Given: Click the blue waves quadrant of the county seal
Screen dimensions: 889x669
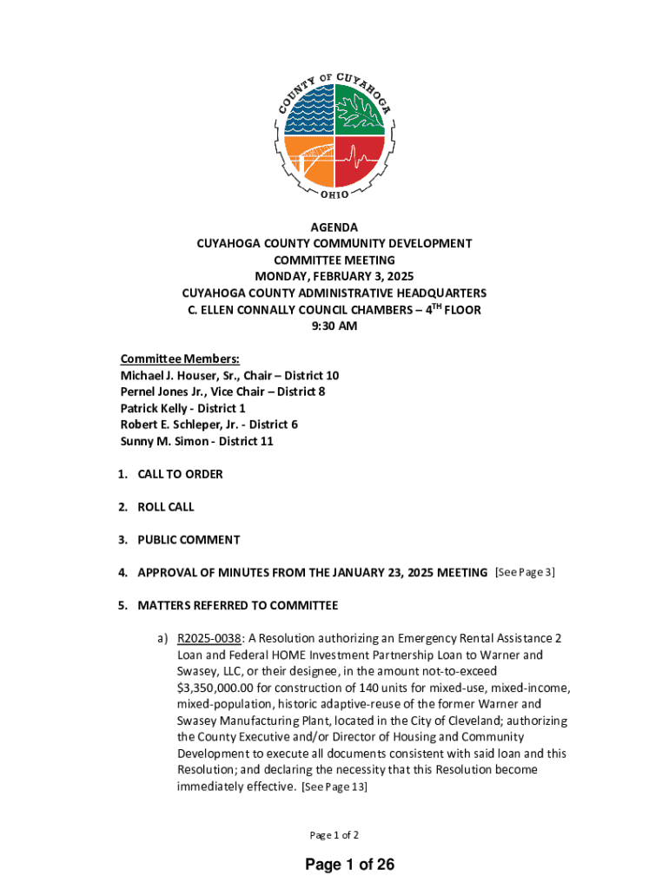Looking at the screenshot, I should (x=309, y=111).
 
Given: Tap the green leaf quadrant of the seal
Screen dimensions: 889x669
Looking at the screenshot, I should (x=359, y=111).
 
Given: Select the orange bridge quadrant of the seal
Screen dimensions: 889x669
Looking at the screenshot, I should (x=309, y=161).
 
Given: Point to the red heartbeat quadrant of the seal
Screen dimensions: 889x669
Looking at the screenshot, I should (x=359, y=161).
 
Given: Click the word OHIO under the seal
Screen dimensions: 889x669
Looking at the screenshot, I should (x=334, y=194).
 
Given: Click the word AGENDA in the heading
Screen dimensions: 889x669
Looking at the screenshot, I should (x=334, y=227).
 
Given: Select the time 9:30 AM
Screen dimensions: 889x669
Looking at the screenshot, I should (x=334, y=326).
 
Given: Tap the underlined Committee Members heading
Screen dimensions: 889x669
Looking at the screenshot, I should (x=180, y=359).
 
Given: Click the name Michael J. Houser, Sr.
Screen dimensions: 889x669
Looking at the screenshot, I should (x=179, y=376).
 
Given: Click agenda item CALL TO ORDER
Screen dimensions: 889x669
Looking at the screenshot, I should (x=180, y=474).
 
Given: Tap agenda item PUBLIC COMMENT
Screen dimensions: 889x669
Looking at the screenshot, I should (x=189, y=540).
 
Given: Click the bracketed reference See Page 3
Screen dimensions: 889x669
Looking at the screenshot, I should (x=525, y=572).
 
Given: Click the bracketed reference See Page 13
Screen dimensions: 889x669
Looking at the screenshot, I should (x=334, y=787).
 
